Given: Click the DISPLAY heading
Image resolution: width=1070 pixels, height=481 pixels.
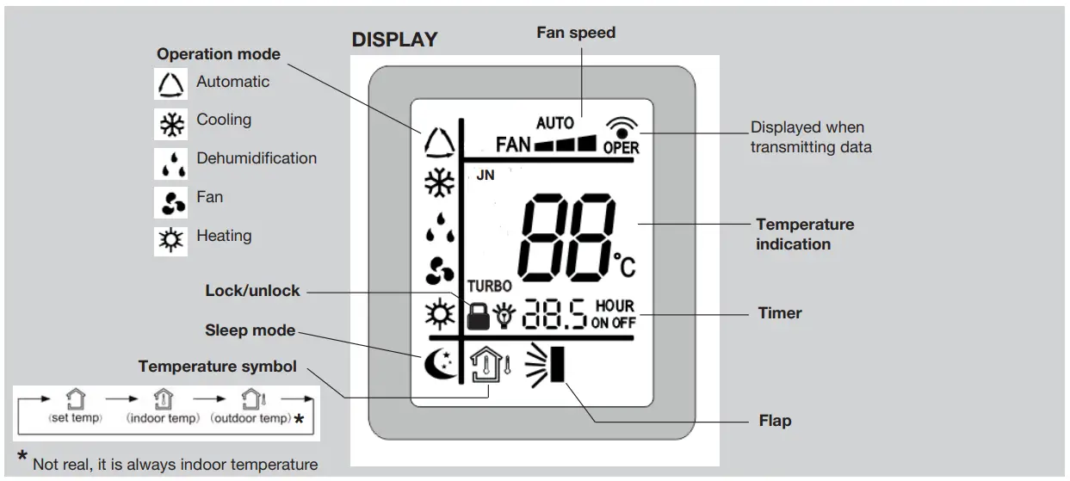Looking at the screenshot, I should (394, 40).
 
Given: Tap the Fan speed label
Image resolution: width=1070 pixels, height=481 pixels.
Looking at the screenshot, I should (576, 33).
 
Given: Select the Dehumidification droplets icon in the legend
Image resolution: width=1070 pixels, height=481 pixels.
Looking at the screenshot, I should (169, 162).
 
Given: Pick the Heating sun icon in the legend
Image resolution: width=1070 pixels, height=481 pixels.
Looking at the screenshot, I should (169, 238).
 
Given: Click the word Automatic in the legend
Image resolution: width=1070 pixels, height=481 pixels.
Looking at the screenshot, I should (232, 82).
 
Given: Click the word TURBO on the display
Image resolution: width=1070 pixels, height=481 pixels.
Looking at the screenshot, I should (491, 285).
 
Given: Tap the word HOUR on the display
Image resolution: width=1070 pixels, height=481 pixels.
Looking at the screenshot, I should (614, 306).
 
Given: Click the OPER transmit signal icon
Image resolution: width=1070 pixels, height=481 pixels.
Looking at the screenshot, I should (621, 136).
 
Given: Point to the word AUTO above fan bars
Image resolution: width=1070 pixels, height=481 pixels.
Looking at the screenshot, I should (554, 123).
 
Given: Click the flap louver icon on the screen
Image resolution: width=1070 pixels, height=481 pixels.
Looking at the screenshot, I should (547, 361).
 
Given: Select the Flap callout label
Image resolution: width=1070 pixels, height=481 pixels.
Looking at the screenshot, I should (775, 421).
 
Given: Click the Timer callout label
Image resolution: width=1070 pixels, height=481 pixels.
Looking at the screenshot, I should (779, 313).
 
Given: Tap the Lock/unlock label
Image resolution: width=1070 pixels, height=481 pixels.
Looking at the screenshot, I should (252, 291).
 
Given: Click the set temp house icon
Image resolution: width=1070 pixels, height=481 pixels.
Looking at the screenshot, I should (76, 399).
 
